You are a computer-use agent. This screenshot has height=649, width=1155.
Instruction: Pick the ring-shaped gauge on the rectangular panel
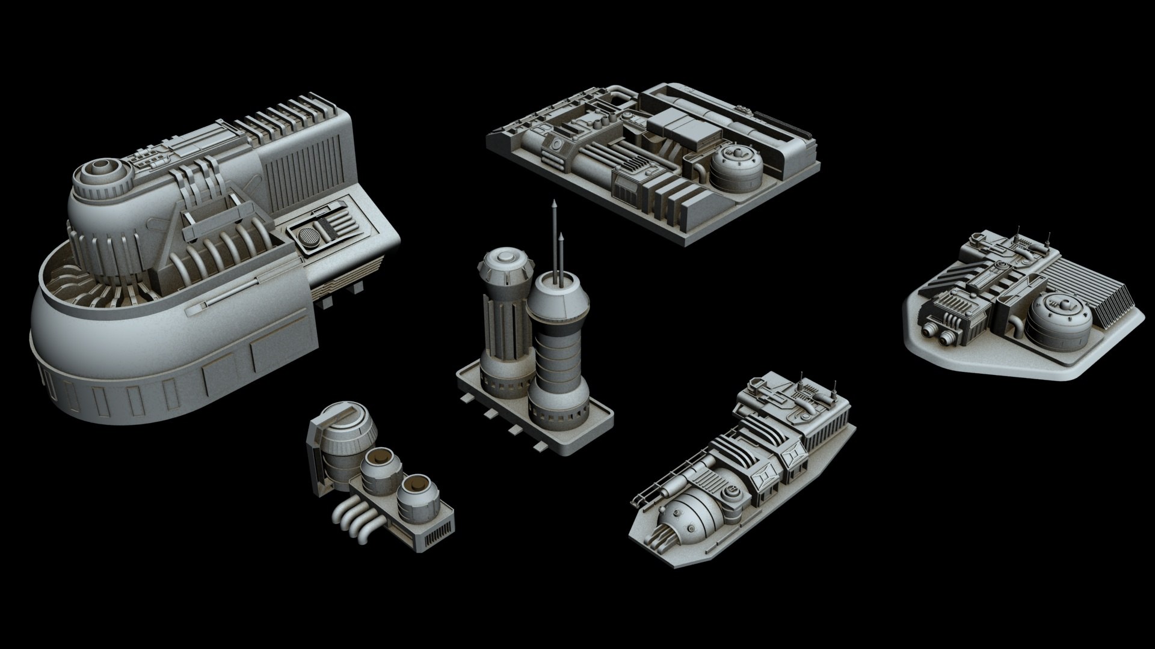557,145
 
